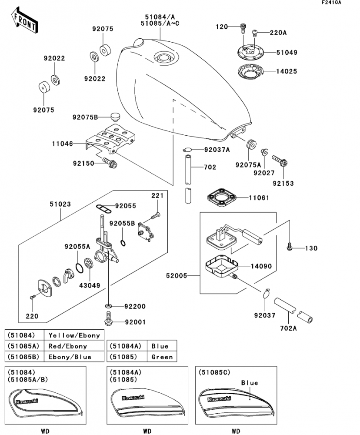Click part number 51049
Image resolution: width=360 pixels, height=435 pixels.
[x=287, y=52]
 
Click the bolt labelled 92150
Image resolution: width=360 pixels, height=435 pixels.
[x=110, y=164]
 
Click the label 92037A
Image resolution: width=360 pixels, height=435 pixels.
[x=217, y=150]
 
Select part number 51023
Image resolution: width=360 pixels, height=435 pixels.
[x=60, y=204]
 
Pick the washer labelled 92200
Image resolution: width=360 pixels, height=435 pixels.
[x=109, y=306]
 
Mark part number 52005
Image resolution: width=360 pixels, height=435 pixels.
[x=177, y=275]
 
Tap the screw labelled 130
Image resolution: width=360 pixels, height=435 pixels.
[x=290, y=248]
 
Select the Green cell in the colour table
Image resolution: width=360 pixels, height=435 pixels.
[x=162, y=357]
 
